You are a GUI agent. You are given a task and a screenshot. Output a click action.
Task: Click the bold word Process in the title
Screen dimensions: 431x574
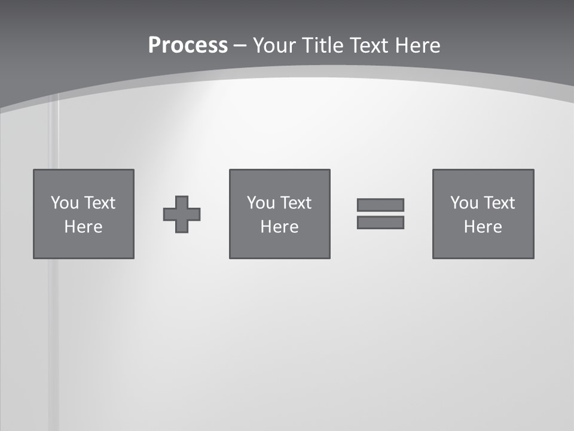pos(188,45)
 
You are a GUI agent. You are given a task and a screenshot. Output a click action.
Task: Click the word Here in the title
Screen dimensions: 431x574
pos(417,45)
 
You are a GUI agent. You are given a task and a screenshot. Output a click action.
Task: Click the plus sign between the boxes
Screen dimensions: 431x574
pos(182,214)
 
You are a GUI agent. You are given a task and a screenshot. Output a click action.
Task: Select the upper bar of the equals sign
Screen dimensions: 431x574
pos(380,205)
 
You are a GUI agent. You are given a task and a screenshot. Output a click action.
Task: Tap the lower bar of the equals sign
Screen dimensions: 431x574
pos(380,222)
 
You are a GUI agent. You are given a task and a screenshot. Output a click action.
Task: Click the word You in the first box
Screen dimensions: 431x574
pos(65,203)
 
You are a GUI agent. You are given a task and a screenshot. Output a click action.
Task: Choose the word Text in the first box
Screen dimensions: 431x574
pos(100,203)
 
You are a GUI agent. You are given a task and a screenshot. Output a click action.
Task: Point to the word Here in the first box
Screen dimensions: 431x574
pos(83,227)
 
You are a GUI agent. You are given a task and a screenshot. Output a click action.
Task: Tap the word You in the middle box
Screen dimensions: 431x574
pos(261,203)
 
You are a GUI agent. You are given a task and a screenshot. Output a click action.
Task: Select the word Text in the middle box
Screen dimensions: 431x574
pos(296,203)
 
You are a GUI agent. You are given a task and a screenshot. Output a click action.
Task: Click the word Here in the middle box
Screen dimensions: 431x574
pos(279,227)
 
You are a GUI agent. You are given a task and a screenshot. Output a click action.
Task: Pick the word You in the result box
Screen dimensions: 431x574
pos(464,203)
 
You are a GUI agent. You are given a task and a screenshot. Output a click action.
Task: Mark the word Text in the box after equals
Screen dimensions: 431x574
pos(499,203)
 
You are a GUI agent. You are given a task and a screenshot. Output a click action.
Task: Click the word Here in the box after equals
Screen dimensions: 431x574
pos(483,227)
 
